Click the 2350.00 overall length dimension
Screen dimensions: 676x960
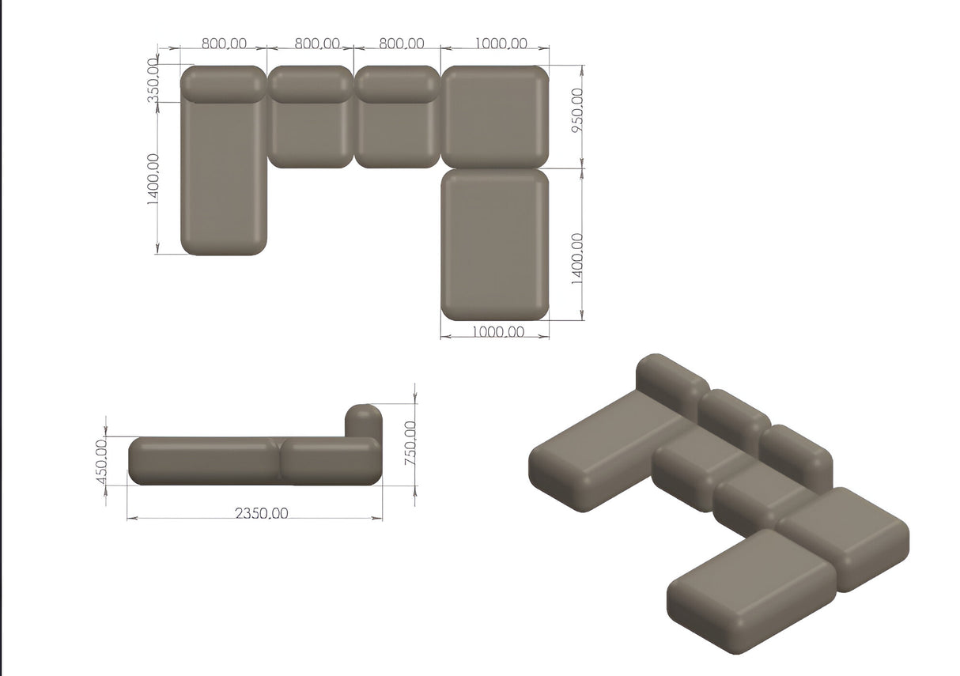[261, 513]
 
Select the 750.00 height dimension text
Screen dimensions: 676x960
[410, 443]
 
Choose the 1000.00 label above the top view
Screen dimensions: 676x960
[501, 43]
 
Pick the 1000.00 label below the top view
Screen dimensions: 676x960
[497, 332]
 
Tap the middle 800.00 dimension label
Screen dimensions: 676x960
[317, 43]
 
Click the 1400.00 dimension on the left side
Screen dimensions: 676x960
[153, 179]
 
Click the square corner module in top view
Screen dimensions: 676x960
[494, 117]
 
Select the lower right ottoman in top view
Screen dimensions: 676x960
[494, 244]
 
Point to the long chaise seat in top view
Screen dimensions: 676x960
[224, 178]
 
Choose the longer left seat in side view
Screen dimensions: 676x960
[204, 460]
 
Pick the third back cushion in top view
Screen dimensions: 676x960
[397, 85]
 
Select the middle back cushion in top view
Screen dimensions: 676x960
[310, 85]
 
